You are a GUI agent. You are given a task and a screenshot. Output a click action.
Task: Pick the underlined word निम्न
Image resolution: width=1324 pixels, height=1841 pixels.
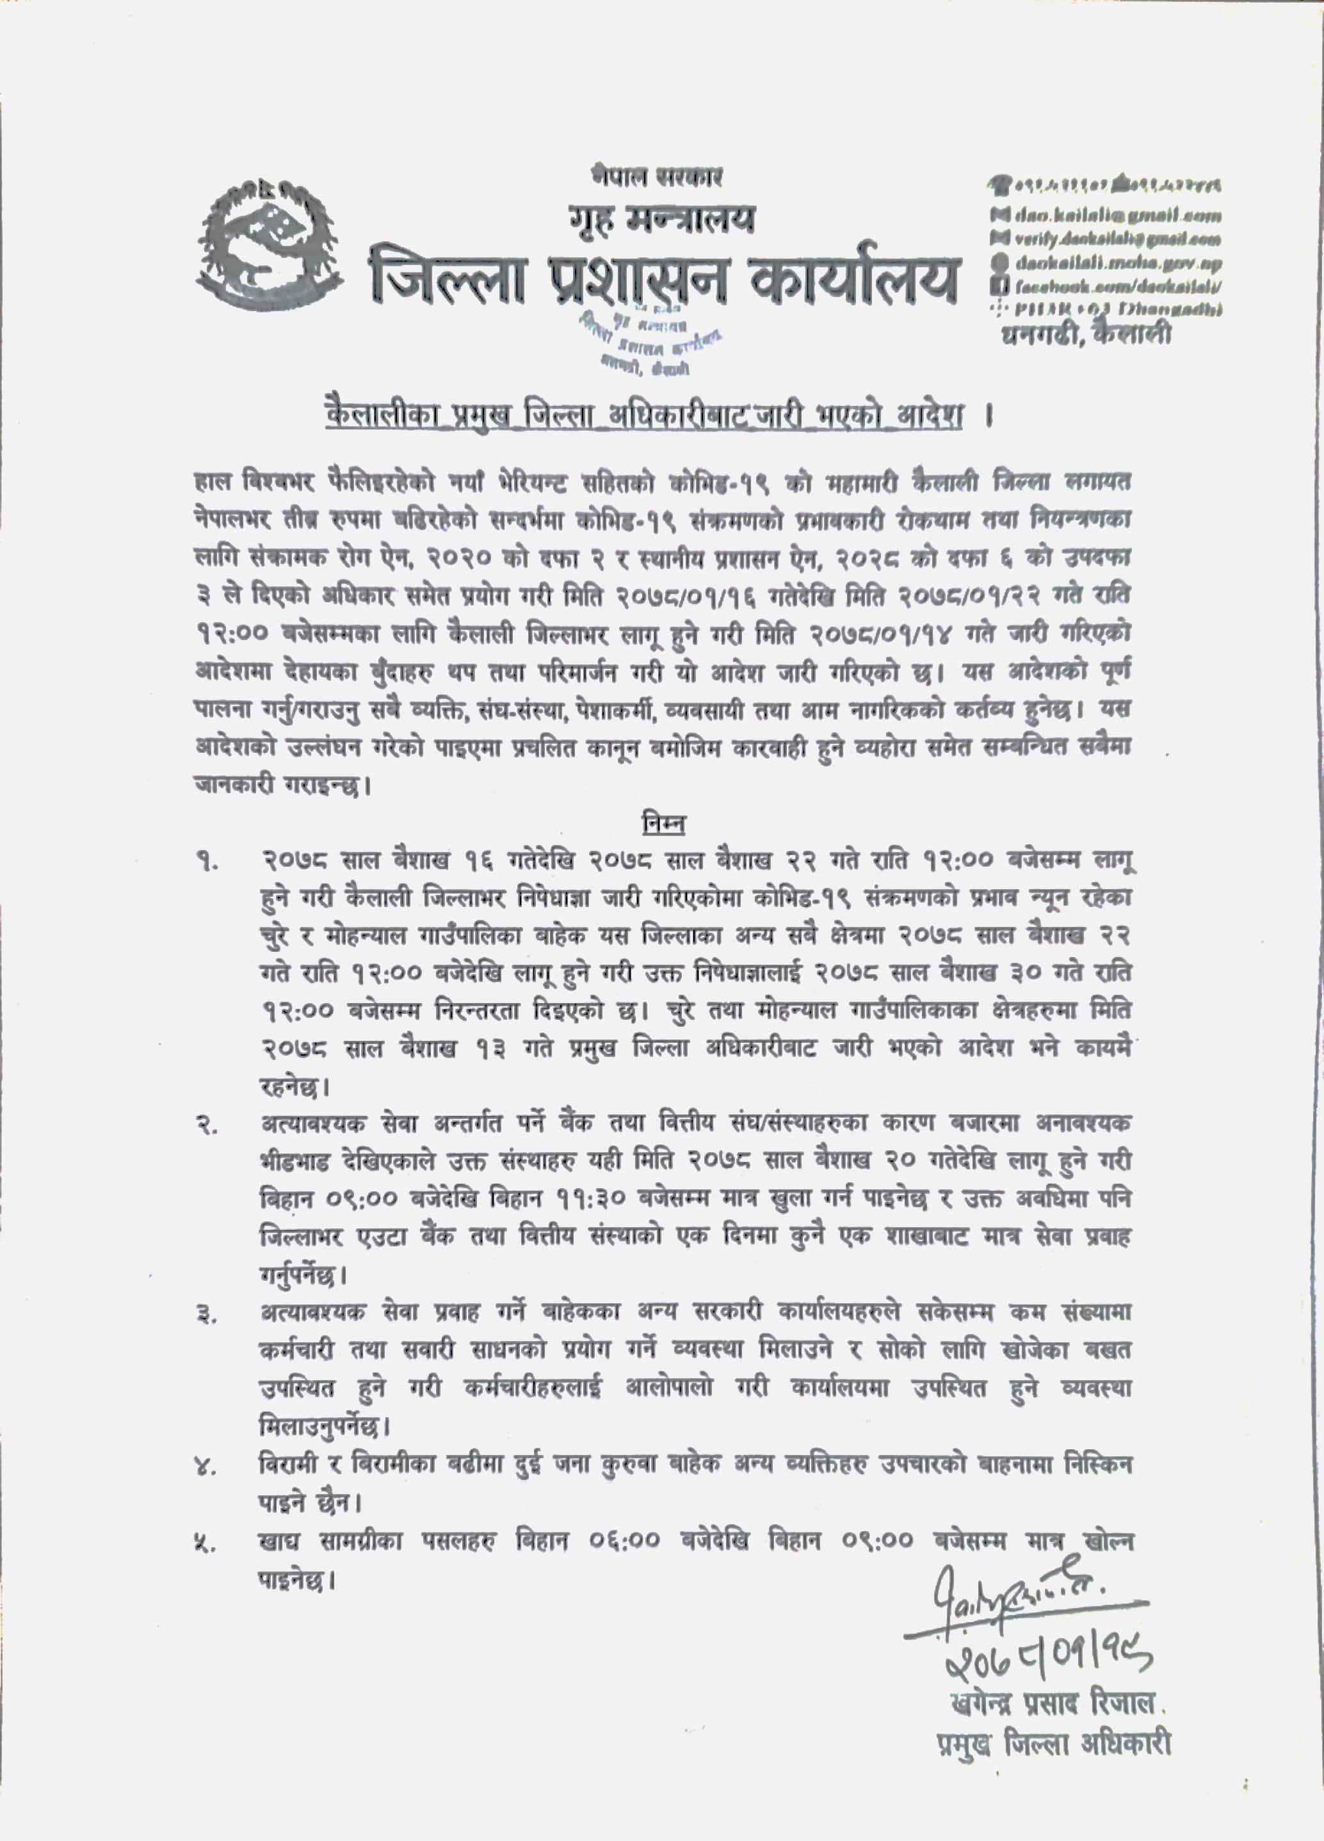click(660, 824)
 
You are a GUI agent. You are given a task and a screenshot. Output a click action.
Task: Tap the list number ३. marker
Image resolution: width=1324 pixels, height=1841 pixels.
click(207, 1315)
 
